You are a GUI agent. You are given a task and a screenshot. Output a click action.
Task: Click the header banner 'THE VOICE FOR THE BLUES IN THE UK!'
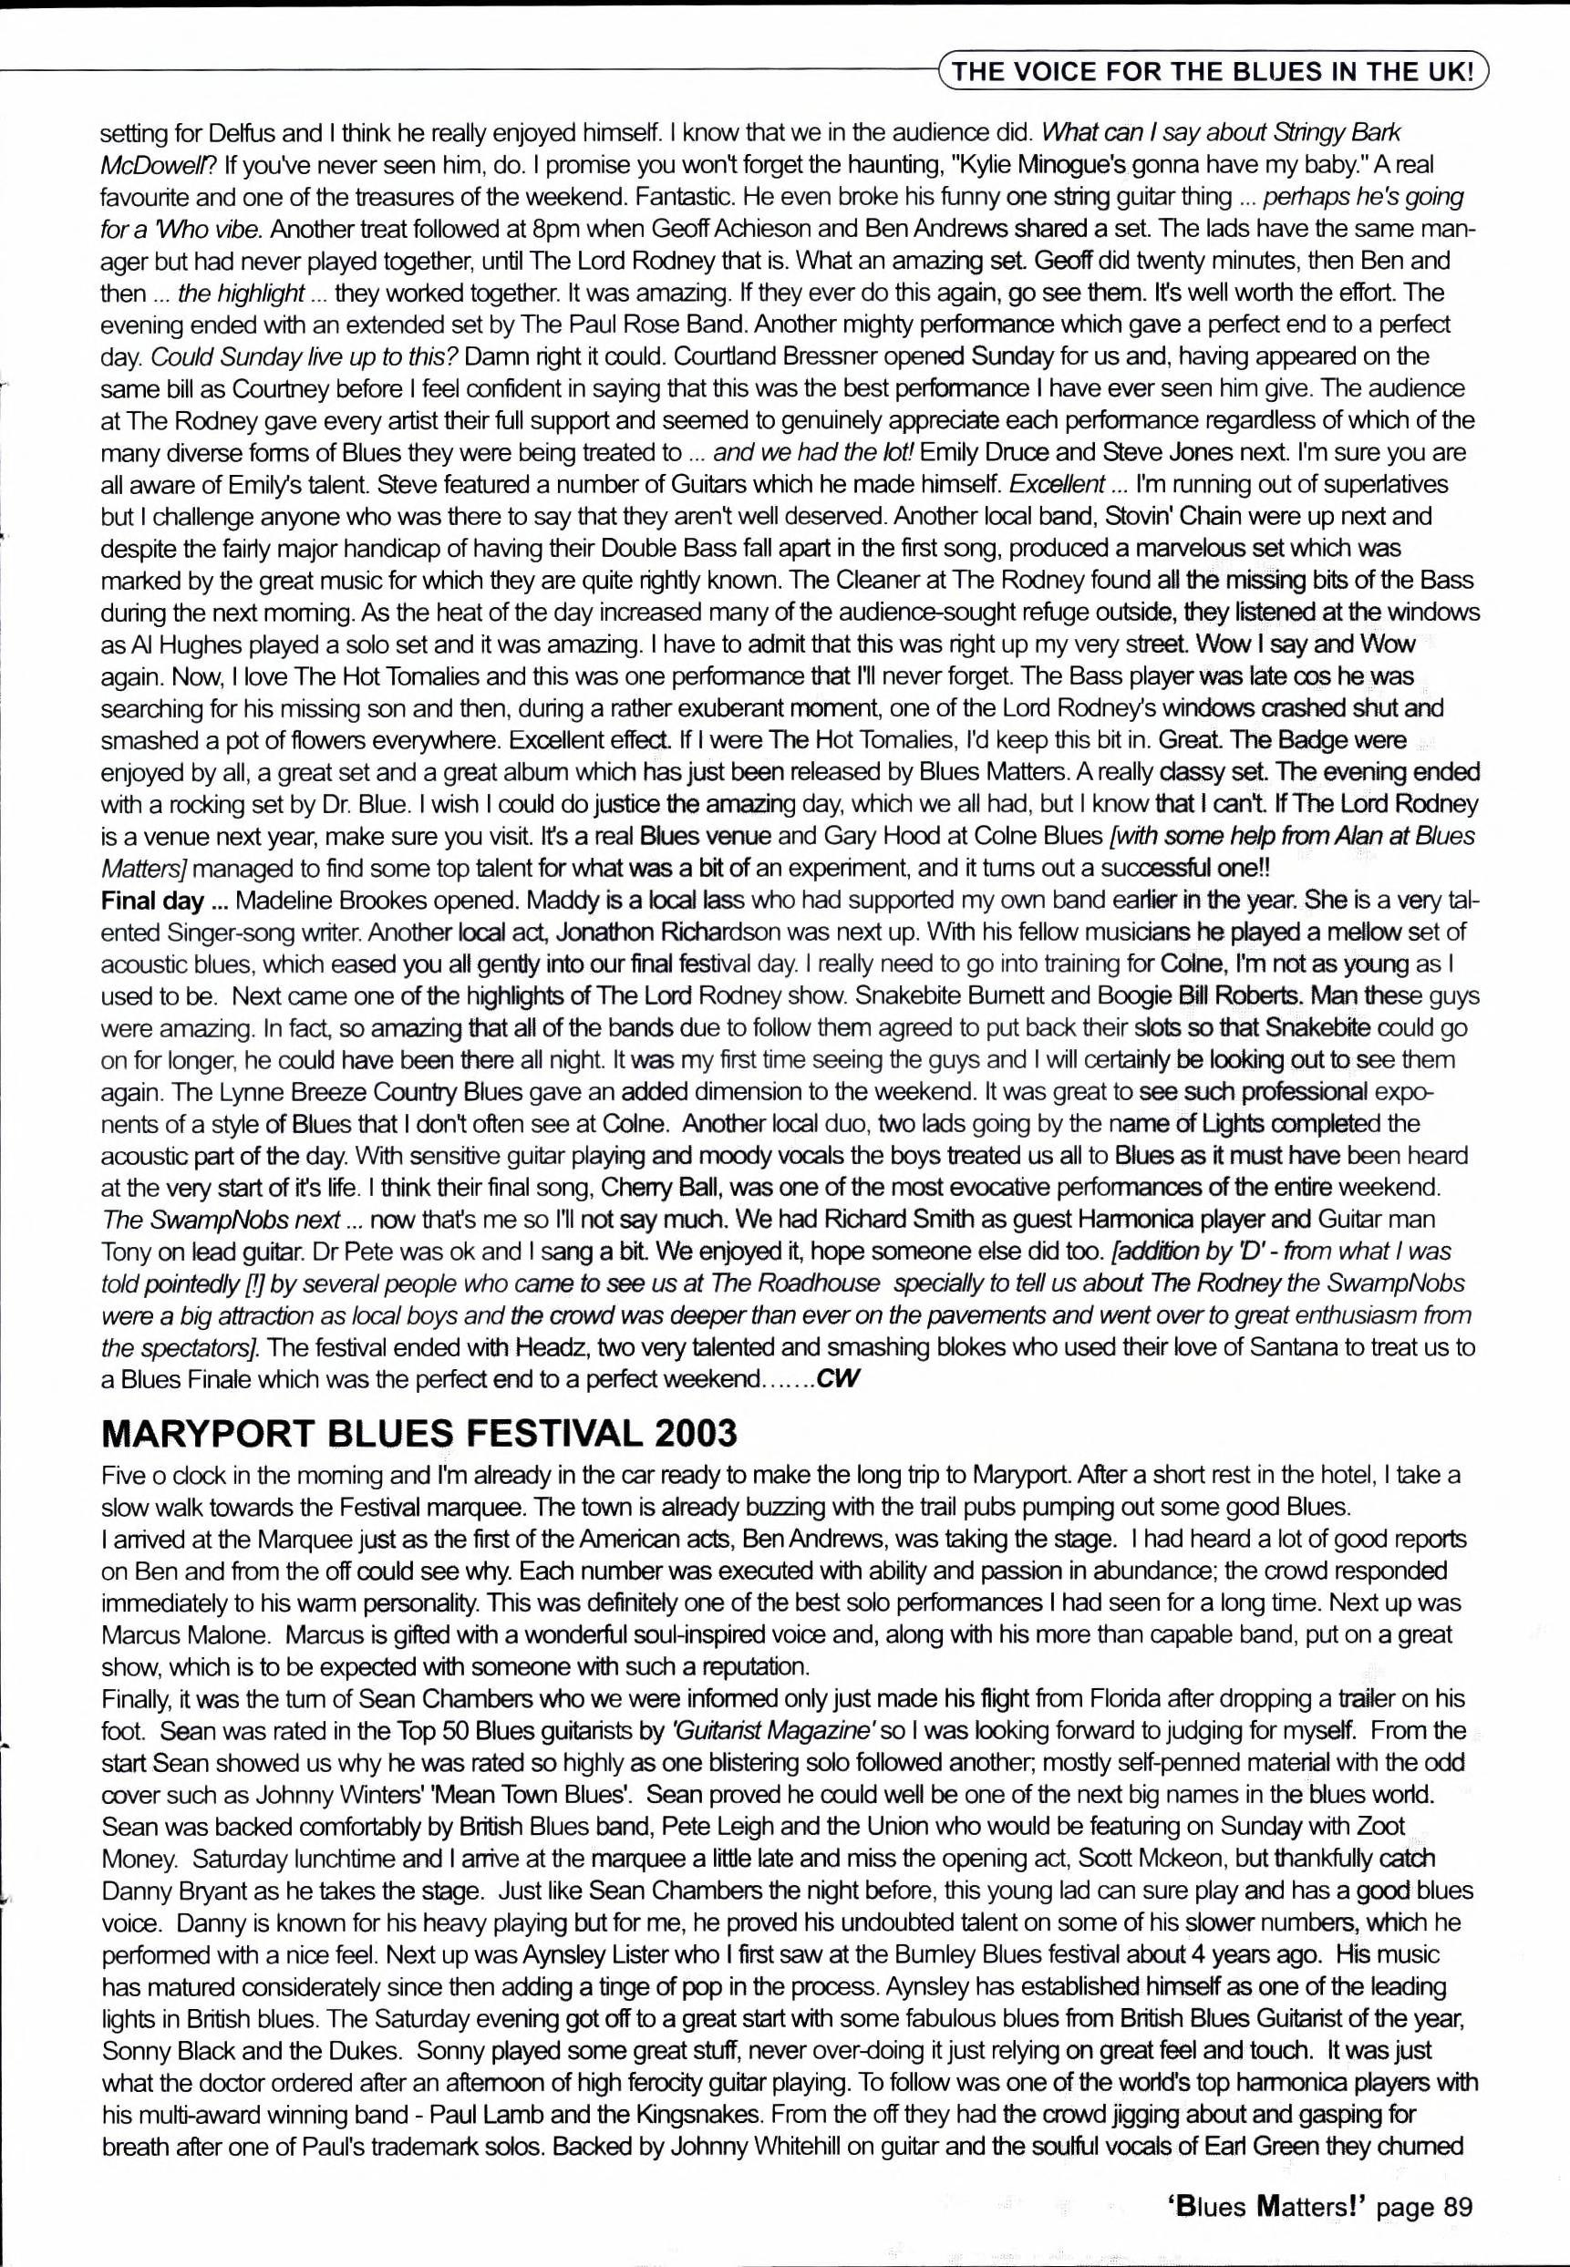1214,71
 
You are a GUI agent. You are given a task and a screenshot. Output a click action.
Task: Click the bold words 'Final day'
151,900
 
